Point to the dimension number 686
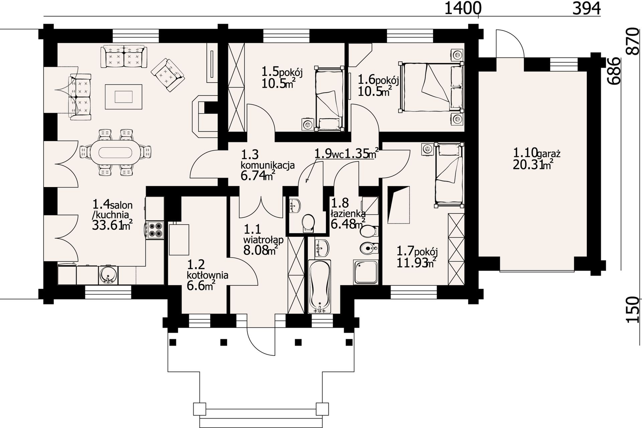click(x=614, y=71)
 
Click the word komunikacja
click(x=267, y=165)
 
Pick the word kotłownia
click(x=208, y=275)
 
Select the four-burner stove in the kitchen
click(x=154, y=230)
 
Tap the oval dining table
click(x=115, y=152)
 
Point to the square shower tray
click(x=366, y=272)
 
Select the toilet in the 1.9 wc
click(x=308, y=223)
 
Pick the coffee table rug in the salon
click(x=124, y=97)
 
